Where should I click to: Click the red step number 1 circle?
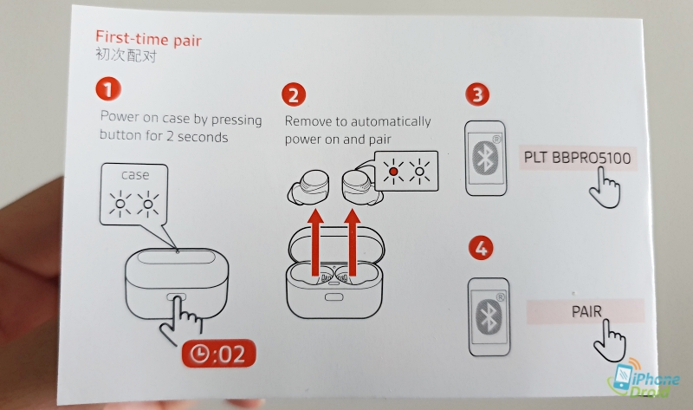tap(108, 88)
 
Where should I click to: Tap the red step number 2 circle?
tap(294, 94)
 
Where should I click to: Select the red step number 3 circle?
tap(477, 94)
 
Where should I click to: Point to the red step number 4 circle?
tap(481, 248)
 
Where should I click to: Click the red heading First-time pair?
tap(148, 39)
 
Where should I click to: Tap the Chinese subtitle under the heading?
tap(126, 55)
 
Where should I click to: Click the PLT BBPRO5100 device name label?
tap(577, 158)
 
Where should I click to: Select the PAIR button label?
tap(586, 311)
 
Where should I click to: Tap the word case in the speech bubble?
tap(135, 175)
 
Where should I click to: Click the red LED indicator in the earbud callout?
tap(393, 172)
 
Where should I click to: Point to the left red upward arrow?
tap(315, 244)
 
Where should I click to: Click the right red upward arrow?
tap(353, 244)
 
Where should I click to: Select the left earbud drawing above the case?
tap(308, 187)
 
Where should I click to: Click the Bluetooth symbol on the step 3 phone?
tap(485, 157)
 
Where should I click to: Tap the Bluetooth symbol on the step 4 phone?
tap(489, 316)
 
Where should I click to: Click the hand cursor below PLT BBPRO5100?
tap(604, 187)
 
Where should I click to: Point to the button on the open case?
tap(334, 297)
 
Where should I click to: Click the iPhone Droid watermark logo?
tap(644, 378)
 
